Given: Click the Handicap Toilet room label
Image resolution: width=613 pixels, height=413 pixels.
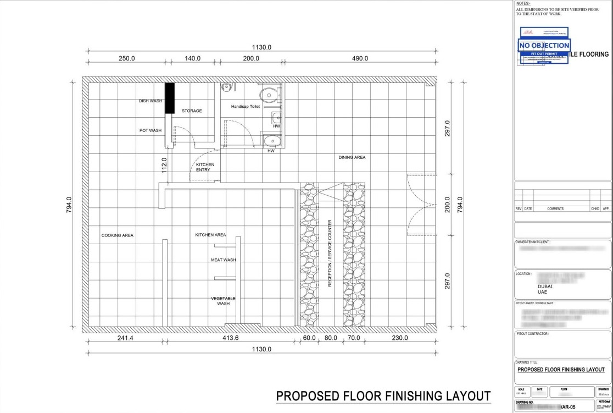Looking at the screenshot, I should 245,106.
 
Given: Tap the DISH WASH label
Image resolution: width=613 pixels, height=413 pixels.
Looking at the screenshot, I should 150,101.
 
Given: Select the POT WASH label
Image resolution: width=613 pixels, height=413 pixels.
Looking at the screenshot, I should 150,130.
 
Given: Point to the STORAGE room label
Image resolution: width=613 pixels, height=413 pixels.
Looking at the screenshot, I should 192,111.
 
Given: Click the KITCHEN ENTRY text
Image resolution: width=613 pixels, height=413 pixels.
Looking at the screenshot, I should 205,167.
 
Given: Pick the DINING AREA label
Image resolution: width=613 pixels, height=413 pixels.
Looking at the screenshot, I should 352,157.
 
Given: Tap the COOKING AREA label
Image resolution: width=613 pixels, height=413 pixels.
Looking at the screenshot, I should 117,235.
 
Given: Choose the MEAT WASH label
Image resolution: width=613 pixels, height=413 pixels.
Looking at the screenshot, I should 223,260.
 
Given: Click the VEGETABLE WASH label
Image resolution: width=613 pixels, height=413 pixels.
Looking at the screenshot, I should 223,301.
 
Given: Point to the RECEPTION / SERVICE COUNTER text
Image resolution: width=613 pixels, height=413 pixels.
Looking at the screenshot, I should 330,254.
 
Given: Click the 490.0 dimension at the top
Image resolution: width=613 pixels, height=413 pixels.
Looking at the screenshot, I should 360,58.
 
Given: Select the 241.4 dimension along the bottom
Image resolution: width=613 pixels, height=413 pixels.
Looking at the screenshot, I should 125,338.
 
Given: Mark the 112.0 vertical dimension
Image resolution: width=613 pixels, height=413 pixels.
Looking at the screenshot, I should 164,164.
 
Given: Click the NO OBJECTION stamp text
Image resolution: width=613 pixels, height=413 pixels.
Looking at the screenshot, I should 544,45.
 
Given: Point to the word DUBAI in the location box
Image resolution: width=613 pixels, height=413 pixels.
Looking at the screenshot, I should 544,286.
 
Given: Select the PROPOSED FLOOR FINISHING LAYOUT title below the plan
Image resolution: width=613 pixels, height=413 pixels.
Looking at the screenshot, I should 383,396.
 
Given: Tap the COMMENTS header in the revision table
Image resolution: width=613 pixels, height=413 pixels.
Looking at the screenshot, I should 555,209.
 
